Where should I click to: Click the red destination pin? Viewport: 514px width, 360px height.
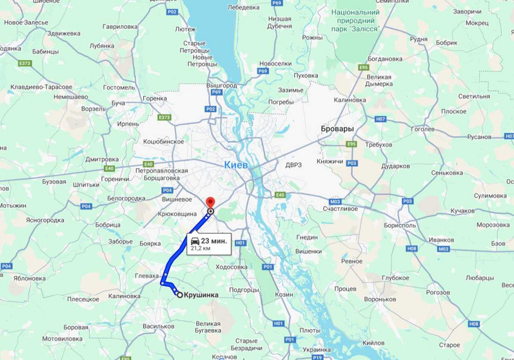[x=210, y=202]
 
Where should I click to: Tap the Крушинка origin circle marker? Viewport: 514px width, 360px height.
[x=179, y=294]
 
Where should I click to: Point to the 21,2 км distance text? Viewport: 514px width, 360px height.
[x=201, y=248]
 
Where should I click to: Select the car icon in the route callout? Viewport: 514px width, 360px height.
[x=195, y=241]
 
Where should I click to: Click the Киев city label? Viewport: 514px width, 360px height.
[x=236, y=165]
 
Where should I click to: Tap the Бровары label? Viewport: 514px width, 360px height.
[x=337, y=129]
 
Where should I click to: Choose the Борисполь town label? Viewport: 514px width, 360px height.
[x=400, y=225]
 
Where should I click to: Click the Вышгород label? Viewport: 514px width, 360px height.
[x=221, y=85]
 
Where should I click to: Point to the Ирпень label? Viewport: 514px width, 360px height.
[x=128, y=124]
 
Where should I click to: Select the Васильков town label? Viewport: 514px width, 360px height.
[x=158, y=326]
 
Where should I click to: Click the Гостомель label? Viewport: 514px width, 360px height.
[x=119, y=87]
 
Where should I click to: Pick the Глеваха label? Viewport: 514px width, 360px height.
[x=146, y=276]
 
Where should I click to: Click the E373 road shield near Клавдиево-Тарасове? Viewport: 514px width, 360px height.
[x=25, y=63]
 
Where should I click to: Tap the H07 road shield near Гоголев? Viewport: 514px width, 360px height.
[x=380, y=119]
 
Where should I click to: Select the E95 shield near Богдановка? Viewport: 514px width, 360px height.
[x=364, y=67]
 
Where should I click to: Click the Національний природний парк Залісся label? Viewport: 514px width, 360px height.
[x=355, y=21]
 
